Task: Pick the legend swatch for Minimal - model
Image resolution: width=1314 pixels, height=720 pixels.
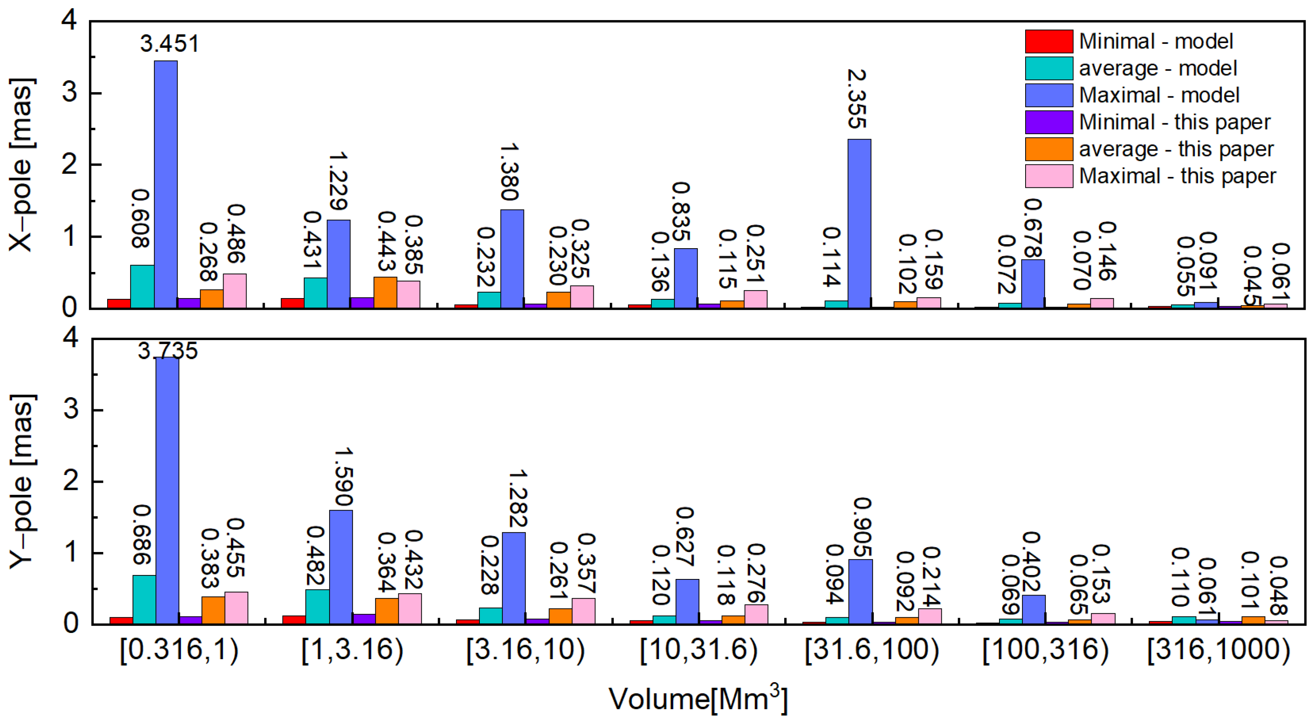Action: [x=1049, y=41]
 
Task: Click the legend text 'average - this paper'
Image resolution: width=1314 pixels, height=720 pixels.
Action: [x=1176, y=149]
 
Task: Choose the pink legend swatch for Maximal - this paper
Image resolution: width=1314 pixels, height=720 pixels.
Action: [x=1049, y=176]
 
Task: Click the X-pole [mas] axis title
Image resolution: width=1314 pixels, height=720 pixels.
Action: [x=21, y=164]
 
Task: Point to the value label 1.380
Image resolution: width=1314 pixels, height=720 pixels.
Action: [x=510, y=172]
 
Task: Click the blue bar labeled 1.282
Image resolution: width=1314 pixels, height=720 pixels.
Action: [x=514, y=578]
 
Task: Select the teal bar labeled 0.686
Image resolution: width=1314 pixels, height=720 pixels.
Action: [x=144, y=599]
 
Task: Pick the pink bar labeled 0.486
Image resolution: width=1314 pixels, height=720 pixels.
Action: [x=234, y=291]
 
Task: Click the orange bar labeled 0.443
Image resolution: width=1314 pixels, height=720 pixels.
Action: [x=385, y=293]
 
